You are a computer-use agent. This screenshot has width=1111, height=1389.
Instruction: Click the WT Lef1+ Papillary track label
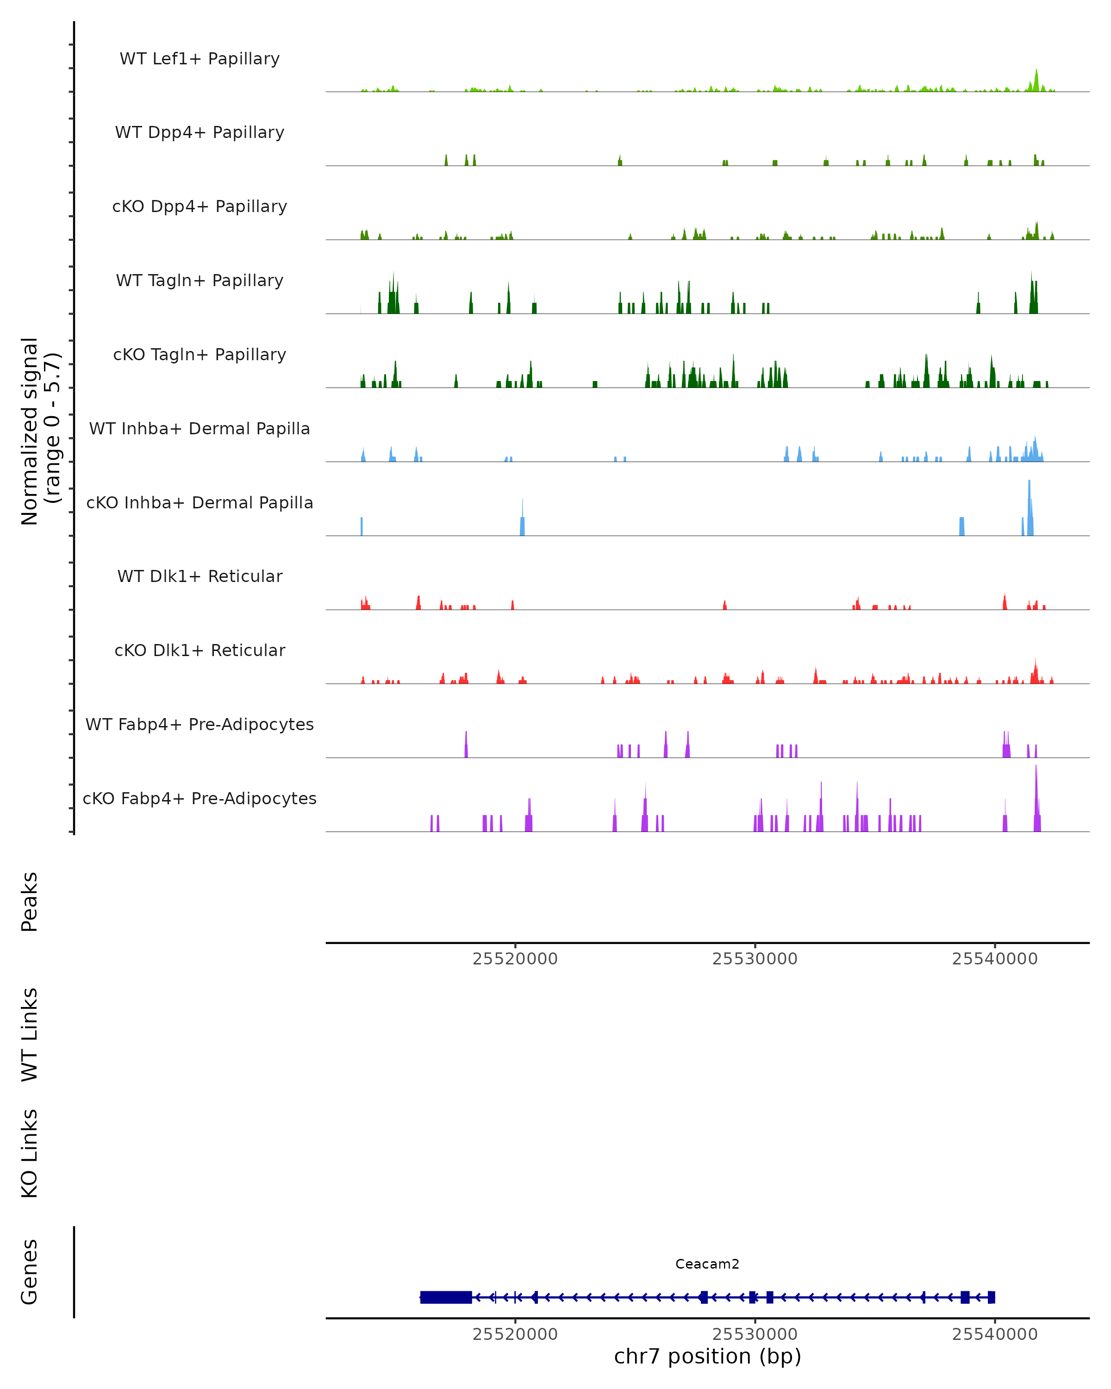pos(200,59)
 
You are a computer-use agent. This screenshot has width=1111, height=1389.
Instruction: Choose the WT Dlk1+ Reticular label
pos(200,576)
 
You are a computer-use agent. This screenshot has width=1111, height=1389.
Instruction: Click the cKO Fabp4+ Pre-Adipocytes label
pos(200,798)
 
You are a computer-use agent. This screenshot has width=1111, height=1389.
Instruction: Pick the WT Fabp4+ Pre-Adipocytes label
pos(200,724)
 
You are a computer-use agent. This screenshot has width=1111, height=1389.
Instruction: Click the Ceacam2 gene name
pos(707,1264)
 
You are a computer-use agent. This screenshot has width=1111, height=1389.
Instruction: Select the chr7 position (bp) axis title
pos(707,1356)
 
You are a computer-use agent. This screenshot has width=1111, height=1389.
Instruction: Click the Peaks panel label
pos(30,902)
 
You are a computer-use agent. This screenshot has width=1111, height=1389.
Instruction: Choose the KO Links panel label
pos(30,1153)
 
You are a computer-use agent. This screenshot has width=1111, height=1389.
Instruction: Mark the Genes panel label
pos(30,1272)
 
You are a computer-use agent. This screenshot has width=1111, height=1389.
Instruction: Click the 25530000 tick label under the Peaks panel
pos(755,959)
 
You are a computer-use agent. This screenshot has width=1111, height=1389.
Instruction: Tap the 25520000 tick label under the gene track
pos(515,1334)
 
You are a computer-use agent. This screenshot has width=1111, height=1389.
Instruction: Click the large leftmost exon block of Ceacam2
pos(446,1297)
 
